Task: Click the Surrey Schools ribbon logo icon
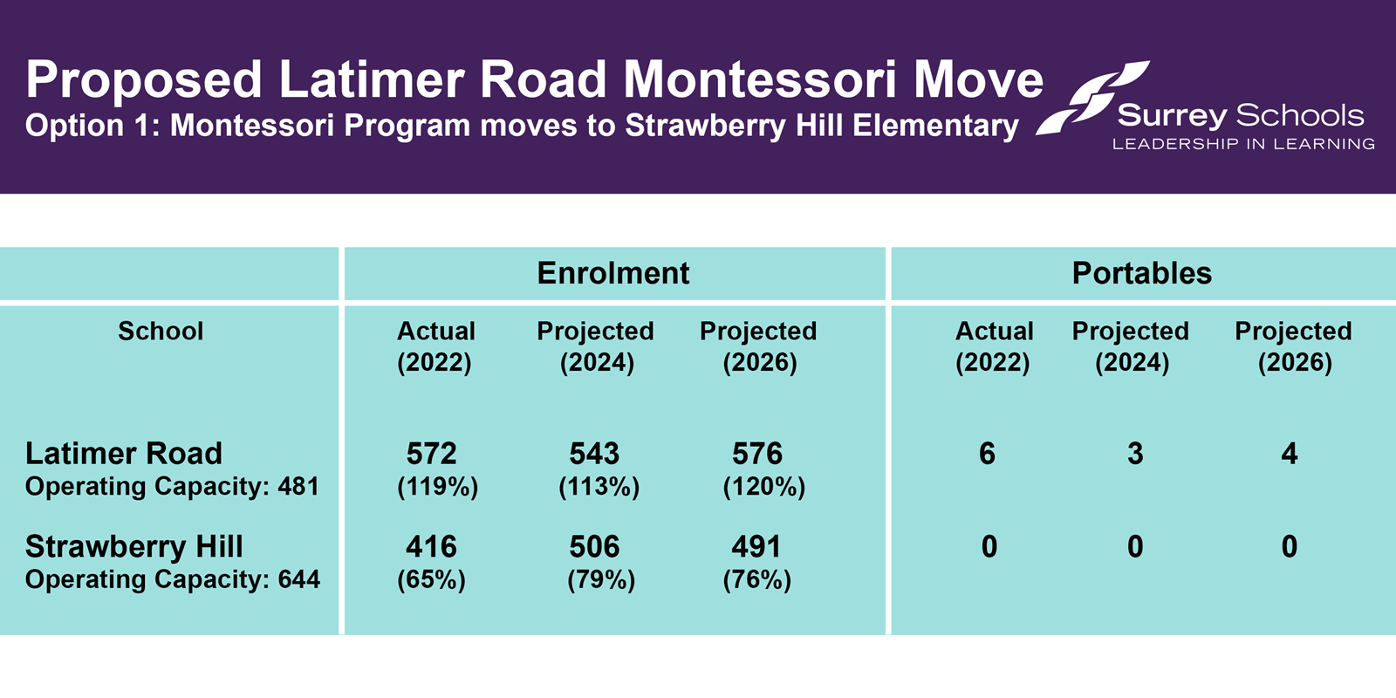pyautogui.click(x=1092, y=98)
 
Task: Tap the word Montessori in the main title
pyautogui.click(x=760, y=80)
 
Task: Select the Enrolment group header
pyautogui.click(x=613, y=273)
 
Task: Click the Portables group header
pyautogui.click(x=1141, y=273)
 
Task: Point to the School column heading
pyautogui.click(x=161, y=331)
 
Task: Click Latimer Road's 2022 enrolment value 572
pyautogui.click(x=431, y=454)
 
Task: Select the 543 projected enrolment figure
pyautogui.click(x=594, y=454)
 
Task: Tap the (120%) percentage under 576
pyautogui.click(x=763, y=486)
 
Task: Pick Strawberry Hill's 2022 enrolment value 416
pyautogui.click(x=431, y=547)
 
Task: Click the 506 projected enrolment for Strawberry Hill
pyautogui.click(x=594, y=547)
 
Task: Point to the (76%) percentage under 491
pyautogui.click(x=756, y=579)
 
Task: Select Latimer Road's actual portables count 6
pyautogui.click(x=987, y=454)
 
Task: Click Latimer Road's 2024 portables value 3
pyautogui.click(x=1135, y=454)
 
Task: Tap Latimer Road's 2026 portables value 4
pyautogui.click(x=1290, y=454)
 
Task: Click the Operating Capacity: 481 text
pyautogui.click(x=172, y=486)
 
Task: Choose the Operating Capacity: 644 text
pyautogui.click(x=173, y=579)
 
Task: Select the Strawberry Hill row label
pyautogui.click(x=134, y=547)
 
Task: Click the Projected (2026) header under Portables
pyautogui.click(x=1294, y=346)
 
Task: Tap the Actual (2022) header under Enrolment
pyautogui.click(x=435, y=346)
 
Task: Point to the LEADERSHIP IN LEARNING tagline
pyautogui.click(x=1243, y=144)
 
